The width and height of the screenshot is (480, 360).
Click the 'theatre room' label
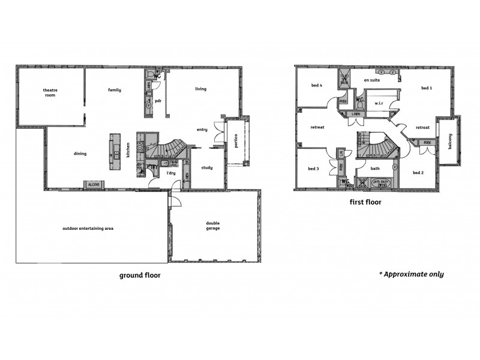(50, 92)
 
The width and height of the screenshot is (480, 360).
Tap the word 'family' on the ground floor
(115, 90)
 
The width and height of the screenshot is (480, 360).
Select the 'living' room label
(200, 89)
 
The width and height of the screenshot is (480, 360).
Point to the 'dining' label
(80, 154)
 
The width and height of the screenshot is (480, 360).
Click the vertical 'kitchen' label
(128, 150)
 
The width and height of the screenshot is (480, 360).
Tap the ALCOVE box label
(94, 185)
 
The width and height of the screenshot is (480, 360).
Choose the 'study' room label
(206, 167)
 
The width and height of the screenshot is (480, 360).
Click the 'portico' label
(236, 141)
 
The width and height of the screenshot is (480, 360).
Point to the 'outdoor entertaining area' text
(88, 229)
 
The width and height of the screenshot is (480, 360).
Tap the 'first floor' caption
(365, 202)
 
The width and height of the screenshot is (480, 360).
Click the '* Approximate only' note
(411, 274)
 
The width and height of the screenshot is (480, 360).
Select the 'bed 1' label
(427, 88)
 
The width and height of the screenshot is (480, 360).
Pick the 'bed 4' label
(317, 85)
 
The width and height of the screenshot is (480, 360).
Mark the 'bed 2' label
(419, 172)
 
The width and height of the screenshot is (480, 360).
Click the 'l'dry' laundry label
(170, 173)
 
